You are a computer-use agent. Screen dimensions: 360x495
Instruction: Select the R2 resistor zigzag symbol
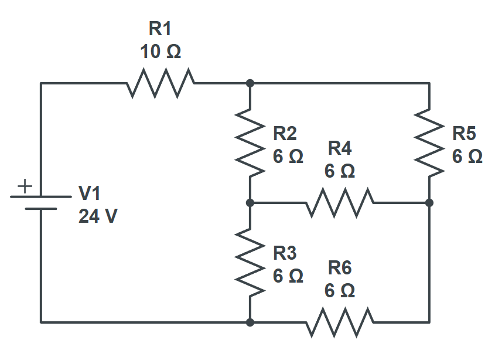[x=250, y=142]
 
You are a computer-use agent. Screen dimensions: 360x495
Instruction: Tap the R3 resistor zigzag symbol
[x=250, y=262]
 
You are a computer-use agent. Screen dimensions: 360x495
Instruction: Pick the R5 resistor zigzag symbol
[x=429, y=142]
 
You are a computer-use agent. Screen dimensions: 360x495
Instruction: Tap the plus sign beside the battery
[x=24, y=186]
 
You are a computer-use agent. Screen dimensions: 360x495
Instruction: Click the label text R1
[x=161, y=28]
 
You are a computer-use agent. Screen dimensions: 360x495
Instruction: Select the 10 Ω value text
[x=161, y=52]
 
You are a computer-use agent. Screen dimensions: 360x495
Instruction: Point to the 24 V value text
[x=98, y=216]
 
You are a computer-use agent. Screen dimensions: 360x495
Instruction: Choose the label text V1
[x=90, y=193]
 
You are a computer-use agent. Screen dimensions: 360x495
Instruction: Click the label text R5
[x=464, y=134]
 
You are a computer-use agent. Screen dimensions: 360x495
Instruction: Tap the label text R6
[x=340, y=267]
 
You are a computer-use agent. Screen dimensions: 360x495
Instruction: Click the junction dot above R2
[x=250, y=83]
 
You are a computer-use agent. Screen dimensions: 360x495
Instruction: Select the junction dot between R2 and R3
[x=250, y=202]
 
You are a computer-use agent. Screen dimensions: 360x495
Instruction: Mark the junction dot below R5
[x=429, y=202]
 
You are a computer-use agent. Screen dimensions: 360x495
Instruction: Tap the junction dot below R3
[x=250, y=322]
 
